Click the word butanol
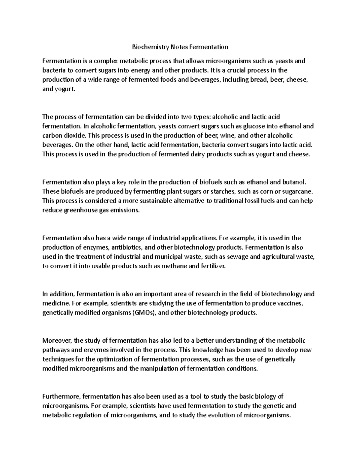coord(295,182)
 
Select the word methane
coord(174,266)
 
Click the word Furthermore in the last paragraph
coord(61,397)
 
